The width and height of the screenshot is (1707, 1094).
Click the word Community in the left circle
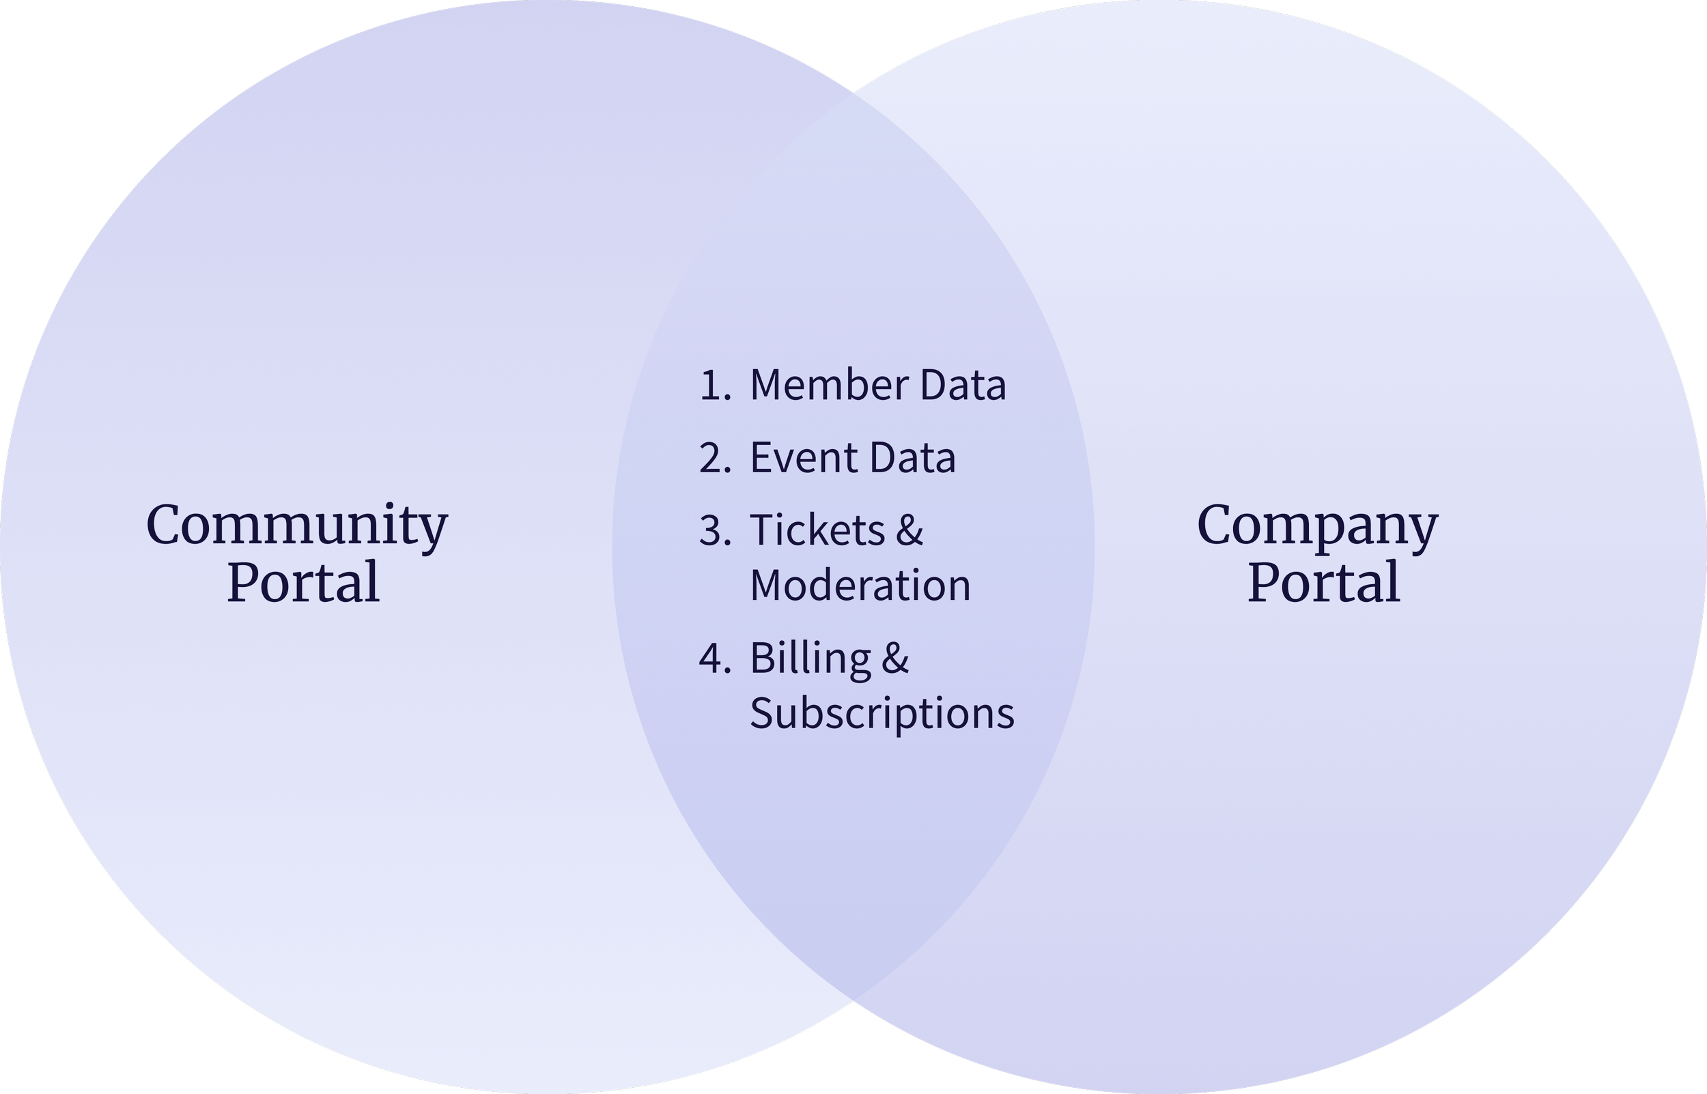(297, 526)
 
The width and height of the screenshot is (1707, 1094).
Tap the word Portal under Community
(303, 584)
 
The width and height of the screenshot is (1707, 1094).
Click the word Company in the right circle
(1318, 526)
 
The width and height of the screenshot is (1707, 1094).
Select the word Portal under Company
(1324, 584)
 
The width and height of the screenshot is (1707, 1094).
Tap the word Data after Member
(963, 386)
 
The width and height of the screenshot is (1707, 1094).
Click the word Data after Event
(912, 458)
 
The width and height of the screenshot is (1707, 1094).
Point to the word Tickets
(817, 531)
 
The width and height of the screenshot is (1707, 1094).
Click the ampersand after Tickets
(909, 531)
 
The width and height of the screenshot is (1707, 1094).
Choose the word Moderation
(860, 586)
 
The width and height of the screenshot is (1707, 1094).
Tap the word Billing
(810, 659)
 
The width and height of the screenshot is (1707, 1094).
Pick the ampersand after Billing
(895, 659)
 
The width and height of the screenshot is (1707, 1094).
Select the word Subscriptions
(882, 714)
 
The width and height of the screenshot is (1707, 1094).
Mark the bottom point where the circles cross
(853, 1003)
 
